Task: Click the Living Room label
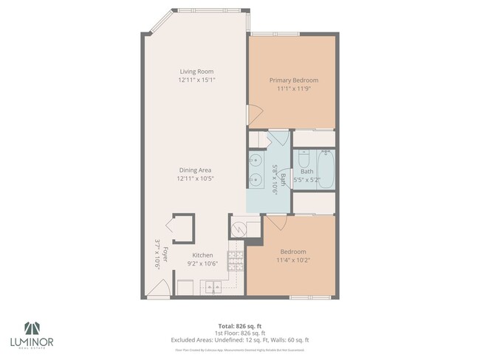196,72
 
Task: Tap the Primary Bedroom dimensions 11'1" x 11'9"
293,89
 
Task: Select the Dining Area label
196,170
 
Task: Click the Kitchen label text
203,255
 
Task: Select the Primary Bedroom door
253,115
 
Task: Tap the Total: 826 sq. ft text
240,325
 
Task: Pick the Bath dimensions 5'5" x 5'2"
306,179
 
